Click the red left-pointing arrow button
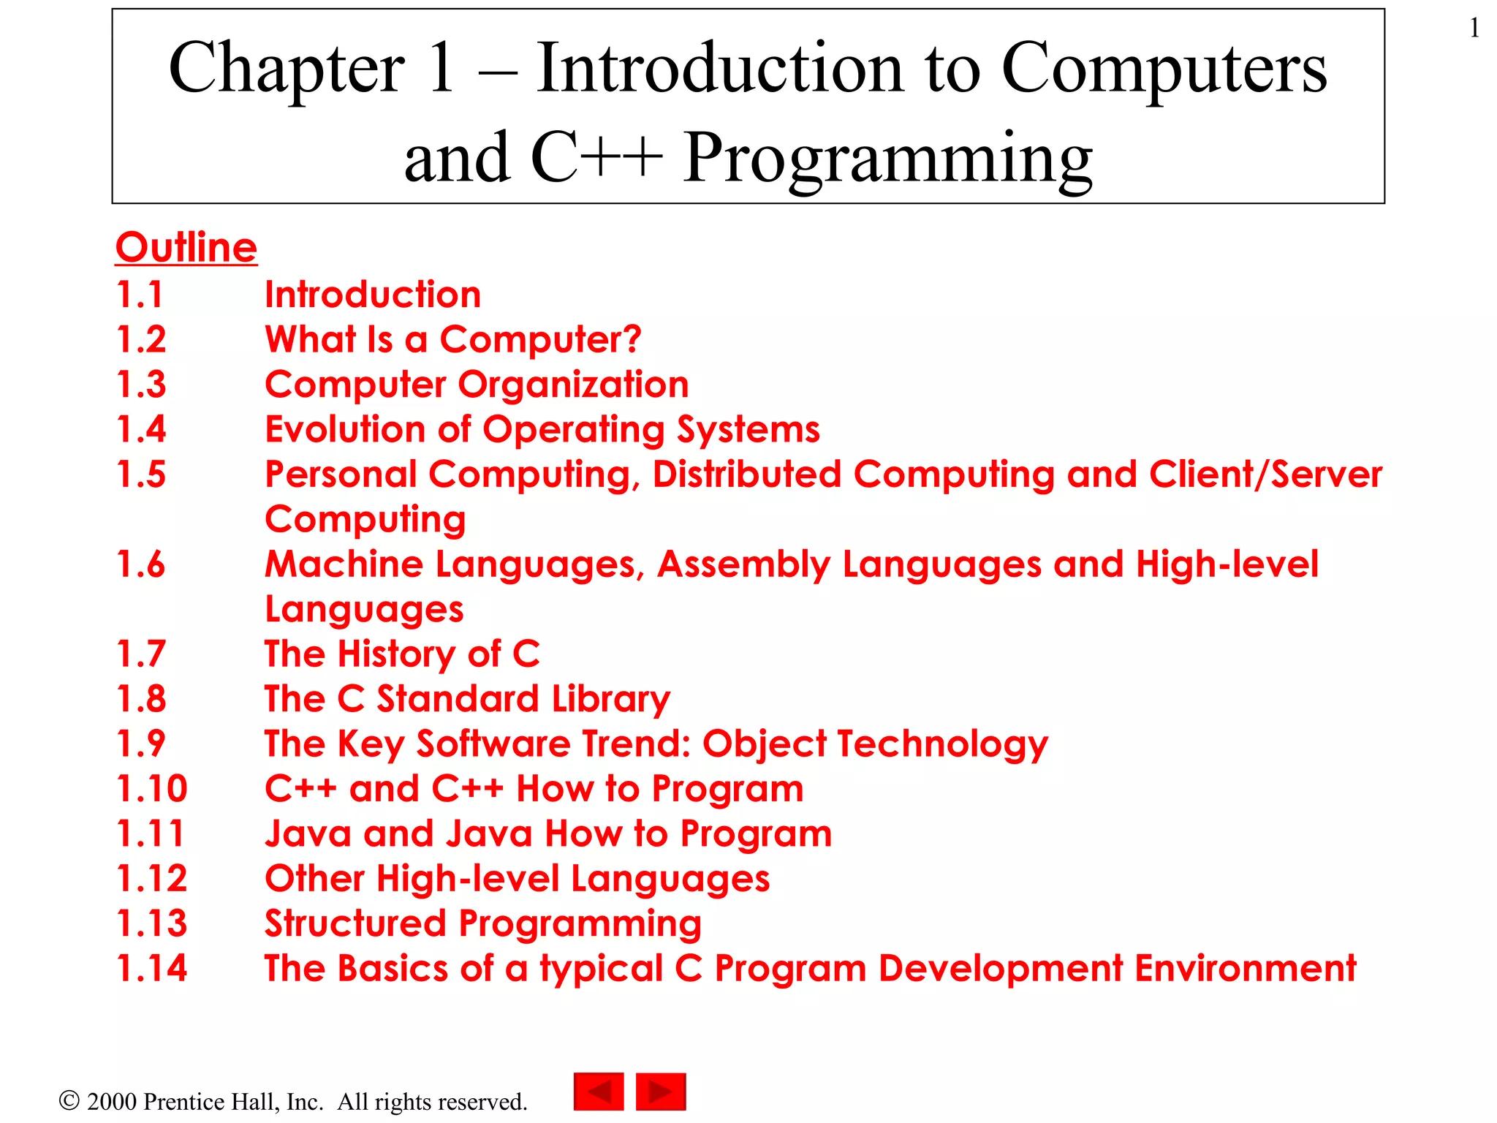599,1092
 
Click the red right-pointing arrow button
661,1092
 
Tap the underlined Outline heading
186,247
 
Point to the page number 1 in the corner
1474,29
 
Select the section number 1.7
141,654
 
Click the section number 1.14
152,968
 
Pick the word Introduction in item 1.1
373,295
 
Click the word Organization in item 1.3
573,385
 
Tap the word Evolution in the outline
345,429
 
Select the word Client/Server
1265,474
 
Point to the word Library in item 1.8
611,700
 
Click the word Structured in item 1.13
355,923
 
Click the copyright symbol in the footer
69,1100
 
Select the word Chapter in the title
287,69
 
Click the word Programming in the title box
888,158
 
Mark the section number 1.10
152,789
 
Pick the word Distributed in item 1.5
746,474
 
